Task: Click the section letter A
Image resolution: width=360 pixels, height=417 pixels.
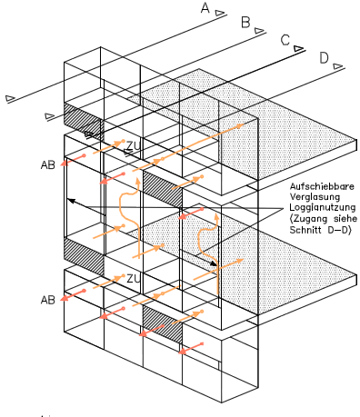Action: [205, 8]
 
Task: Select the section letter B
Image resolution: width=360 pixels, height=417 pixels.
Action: [245, 23]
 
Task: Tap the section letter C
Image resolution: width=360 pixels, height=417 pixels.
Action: [285, 40]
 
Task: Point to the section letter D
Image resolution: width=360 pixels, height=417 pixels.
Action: [324, 58]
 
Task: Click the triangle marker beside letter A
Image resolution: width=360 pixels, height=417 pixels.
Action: [220, 13]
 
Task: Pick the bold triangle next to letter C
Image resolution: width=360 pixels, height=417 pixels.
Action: [298, 48]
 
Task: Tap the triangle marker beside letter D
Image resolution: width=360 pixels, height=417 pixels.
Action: [338, 66]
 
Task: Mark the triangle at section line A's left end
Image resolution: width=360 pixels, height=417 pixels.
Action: [10, 98]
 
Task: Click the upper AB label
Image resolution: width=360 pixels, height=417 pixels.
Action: [48, 165]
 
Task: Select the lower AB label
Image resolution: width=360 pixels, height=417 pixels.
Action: [48, 300]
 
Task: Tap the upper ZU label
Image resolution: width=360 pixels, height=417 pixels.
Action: [134, 146]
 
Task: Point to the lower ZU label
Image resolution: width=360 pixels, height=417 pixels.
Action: [134, 279]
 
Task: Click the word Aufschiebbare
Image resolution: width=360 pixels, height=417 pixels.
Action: [322, 186]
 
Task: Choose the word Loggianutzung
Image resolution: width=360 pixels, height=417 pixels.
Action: [323, 208]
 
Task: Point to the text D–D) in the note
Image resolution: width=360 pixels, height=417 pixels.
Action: [340, 230]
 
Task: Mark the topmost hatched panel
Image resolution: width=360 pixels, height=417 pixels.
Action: [83, 121]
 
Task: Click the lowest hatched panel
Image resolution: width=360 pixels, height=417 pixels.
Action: [163, 324]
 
